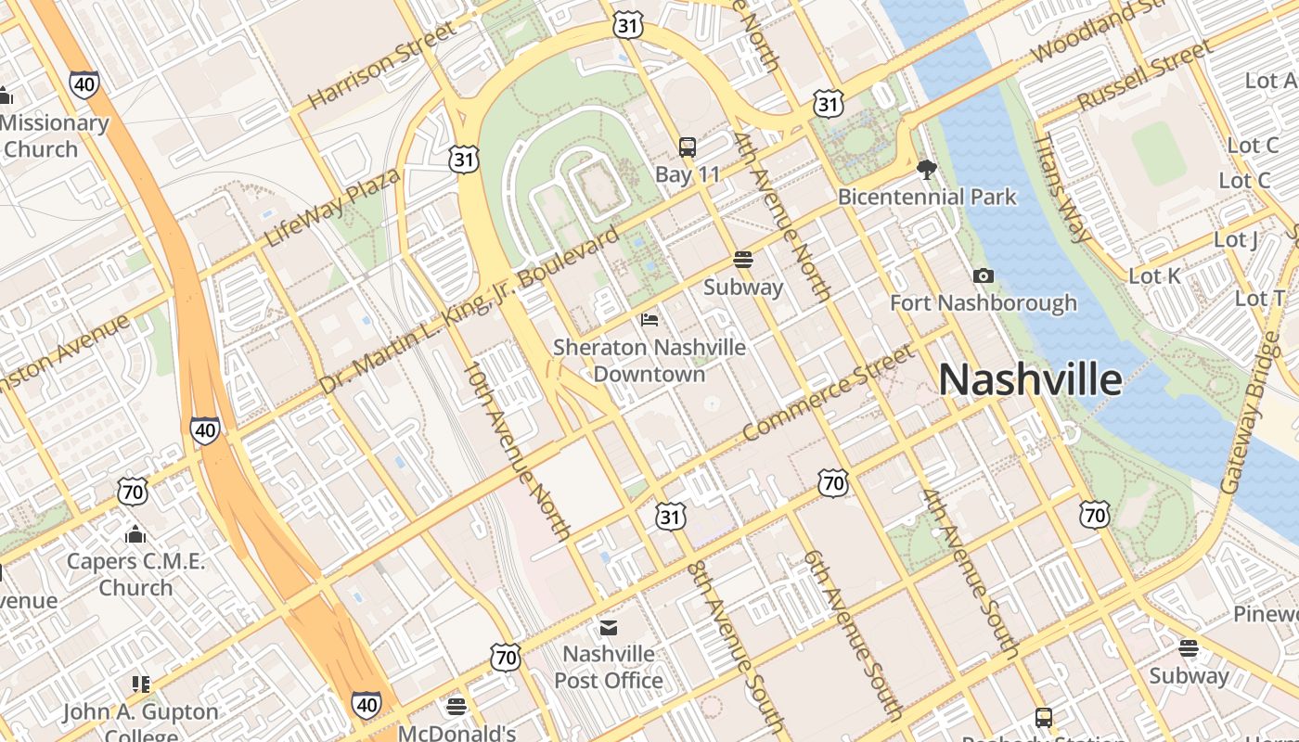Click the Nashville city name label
[1030, 380]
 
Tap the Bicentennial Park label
[927, 197]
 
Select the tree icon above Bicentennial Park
[926, 169]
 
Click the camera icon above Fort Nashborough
[984, 275]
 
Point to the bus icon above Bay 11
[688, 147]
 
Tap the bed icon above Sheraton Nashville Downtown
[649, 320]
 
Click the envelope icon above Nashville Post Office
[609, 628]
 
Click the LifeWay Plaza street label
[332, 208]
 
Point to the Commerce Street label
[829, 392]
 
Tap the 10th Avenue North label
[518, 452]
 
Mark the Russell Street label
[1145, 74]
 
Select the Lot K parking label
[1154, 276]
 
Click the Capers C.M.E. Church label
[135, 574]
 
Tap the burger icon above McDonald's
[456, 708]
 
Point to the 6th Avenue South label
[853, 634]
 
